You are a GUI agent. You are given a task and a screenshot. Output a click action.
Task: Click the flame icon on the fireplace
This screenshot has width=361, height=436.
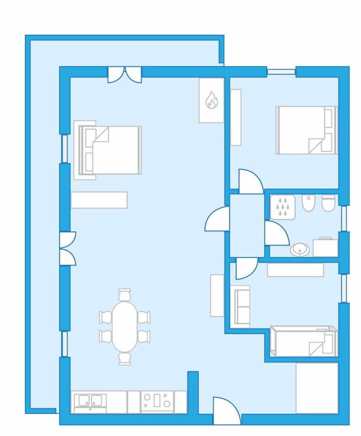(x=211, y=100)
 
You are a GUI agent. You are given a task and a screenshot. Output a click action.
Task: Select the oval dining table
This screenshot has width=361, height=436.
(x=125, y=327)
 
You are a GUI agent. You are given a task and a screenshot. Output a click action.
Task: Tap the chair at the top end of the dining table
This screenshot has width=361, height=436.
(x=124, y=295)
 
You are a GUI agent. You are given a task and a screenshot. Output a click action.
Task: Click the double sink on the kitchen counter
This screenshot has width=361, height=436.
(x=90, y=401)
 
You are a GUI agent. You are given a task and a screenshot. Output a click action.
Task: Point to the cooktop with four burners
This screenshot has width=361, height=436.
(x=157, y=401)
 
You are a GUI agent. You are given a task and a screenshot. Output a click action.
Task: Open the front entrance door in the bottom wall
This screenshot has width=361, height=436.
(x=227, y=411)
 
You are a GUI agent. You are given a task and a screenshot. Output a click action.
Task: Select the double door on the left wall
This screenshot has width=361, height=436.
(x=67, y=248)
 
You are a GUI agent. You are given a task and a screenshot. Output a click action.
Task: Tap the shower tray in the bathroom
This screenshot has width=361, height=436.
(x=282, y=207)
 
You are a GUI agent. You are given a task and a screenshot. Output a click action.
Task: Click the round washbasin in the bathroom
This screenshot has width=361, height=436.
(x=300, y=249)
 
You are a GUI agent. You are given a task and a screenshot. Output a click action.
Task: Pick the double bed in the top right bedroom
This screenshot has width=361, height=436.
(x=306, y=130)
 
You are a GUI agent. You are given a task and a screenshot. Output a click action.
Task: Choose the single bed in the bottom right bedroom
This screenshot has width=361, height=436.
(x=304, y=341)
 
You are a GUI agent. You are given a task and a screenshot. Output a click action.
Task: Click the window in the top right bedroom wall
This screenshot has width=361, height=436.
(x=281, y=71)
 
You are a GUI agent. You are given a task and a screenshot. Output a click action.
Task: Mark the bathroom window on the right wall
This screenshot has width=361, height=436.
(x=344, y=218)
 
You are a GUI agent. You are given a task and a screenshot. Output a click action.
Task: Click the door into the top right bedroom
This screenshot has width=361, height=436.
(x=251, y=182)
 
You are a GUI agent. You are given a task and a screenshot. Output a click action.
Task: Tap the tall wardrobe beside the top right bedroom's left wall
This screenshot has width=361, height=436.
(x=236, y=117)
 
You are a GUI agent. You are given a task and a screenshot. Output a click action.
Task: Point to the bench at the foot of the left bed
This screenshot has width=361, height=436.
(x=99, y=200)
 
